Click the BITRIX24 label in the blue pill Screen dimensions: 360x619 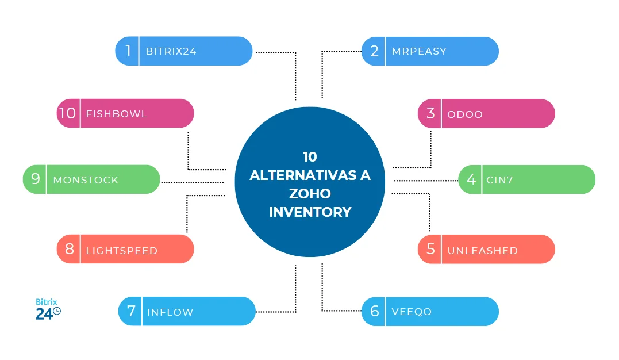171,51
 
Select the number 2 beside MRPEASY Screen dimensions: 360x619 374,51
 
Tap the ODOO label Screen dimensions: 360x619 465,114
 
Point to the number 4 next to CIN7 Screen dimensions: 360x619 471,179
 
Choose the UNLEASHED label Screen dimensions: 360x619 482,251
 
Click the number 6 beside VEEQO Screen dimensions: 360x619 374,312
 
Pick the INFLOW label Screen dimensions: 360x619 170,312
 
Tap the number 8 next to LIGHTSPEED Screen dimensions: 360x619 70,249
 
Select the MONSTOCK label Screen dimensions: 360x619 86,180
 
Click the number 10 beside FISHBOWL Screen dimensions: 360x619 68,113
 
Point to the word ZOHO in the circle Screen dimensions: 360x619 310,194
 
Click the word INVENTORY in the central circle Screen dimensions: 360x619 310,212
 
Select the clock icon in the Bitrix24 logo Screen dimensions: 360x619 56,312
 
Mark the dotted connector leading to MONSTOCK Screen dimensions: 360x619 191,182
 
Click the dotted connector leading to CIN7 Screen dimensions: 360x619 425,181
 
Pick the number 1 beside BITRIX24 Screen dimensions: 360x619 128,51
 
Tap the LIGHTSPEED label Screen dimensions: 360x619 121,251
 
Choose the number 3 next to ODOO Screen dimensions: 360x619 430,113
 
